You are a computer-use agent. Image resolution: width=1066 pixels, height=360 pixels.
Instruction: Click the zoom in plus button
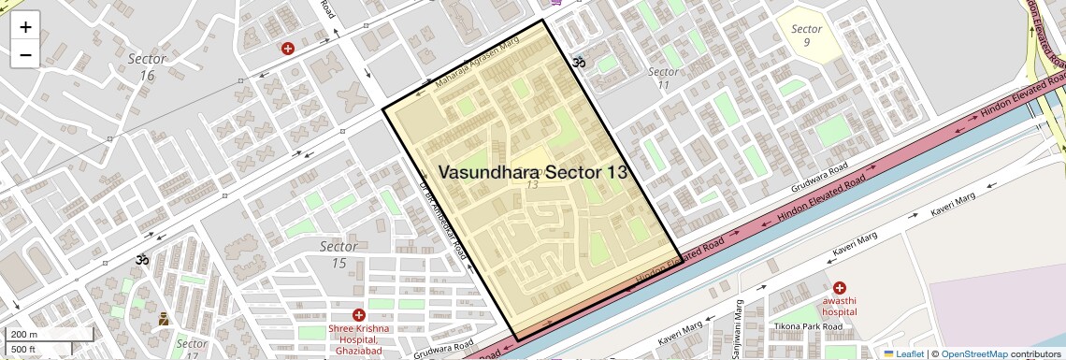click(x=25, y=26)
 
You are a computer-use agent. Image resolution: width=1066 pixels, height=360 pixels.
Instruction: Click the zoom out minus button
click(x=25, y=54)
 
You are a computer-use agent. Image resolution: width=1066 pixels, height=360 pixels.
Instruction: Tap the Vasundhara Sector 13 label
click(x=532, y=172)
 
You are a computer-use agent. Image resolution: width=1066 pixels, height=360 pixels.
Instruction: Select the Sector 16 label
click(x=147, y=66)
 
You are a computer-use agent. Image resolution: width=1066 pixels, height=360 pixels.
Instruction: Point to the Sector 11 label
click(x=663, y=79)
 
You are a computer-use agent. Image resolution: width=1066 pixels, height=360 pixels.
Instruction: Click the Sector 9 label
click(x=806, y=36)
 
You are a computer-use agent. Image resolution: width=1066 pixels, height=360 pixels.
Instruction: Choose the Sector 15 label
click(x=339, y=254)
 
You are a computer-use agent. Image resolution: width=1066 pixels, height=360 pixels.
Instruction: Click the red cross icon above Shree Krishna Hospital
click(x=359, y=315)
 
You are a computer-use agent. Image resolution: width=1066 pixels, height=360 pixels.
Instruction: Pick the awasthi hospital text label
click(x=840, y=306)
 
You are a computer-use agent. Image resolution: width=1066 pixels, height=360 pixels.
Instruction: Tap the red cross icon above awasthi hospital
click(x=840, y=287)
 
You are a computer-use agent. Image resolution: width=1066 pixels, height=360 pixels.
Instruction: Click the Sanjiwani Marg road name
click(x=739, y=321)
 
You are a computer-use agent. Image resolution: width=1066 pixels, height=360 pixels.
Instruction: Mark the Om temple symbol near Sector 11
click(x=578, y=62)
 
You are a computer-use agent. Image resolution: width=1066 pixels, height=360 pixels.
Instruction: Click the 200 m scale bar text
click(x=24, y=335)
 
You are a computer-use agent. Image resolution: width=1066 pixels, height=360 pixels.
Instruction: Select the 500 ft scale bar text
click(x=23, y=350)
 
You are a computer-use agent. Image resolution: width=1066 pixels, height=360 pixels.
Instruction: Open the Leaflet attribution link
click(x=903, y=353)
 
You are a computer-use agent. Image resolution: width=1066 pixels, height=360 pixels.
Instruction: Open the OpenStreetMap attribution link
click(x=973, y=353)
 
